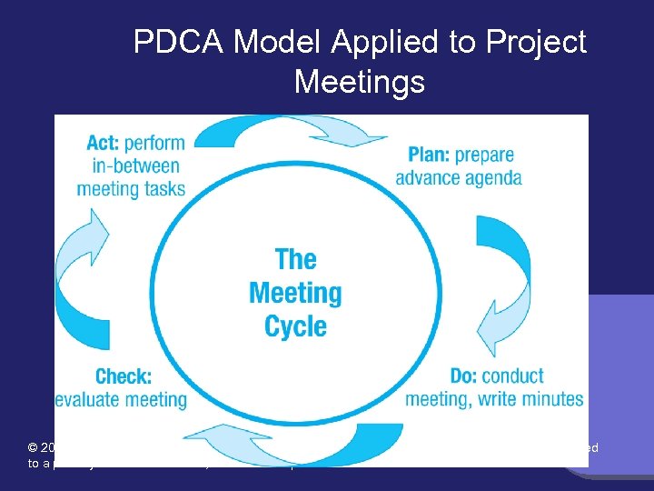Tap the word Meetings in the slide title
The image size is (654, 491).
coord(359,82)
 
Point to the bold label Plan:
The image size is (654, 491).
coord(428,155)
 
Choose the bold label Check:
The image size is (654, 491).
coord(123,376)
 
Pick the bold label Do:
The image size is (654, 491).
coord(464,376)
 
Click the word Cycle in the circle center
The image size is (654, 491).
coord(295,326)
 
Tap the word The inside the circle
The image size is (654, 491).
coord(295,259)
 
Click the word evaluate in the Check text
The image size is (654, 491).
coord(91,398)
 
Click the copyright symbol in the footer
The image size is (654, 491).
coord(33,448)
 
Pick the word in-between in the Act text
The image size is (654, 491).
coord(136,166)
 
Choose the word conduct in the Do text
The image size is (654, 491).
coord(513,376)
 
